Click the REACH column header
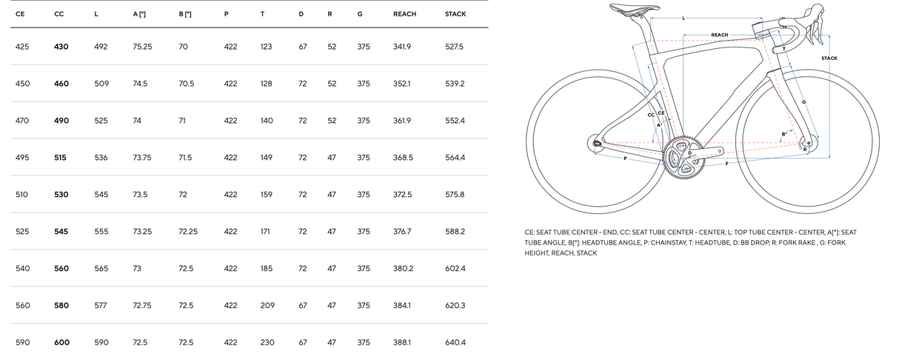[404, 14]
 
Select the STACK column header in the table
[455, 14]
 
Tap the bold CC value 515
[61, 157]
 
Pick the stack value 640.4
[455, 342]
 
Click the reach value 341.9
[402, 47]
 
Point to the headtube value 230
[267, 342]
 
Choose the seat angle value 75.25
[142, 47]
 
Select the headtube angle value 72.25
[188, 231]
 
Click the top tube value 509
[101, 84]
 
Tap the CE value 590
[22, 342]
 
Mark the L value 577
[101, 305]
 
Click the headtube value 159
[267, 194]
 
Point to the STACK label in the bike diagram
[829, 58]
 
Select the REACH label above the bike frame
[719, 35]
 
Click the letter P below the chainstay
[625, 158]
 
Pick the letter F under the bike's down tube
[726, 163]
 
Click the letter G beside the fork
[803, 101]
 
